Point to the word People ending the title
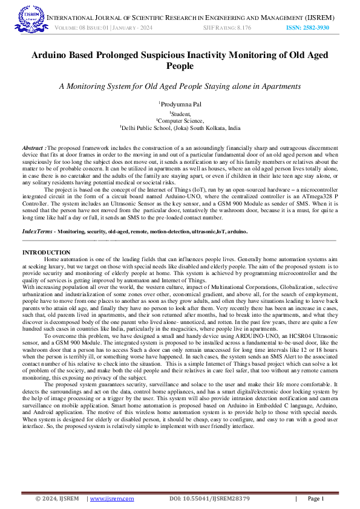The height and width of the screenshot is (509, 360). click(180, 66)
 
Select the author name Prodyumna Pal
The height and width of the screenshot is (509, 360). click(181, 105)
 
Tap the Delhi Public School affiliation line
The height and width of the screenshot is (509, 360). click(180, 128)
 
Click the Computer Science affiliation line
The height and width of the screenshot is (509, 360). click(181, 120)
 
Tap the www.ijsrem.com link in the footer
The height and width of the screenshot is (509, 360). click(111, 499)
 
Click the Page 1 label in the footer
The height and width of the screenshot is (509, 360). click(316, 499)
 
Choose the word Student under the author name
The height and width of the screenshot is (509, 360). click(181, 113)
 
